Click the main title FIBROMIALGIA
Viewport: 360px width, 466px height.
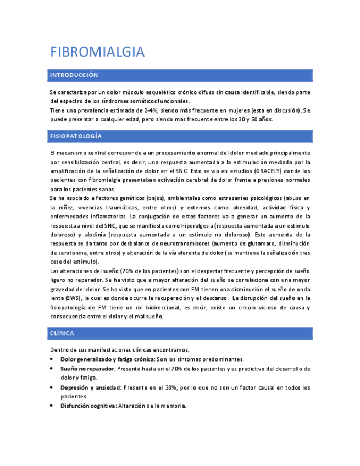coord(97,52)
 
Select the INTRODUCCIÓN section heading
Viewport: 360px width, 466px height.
coord(74,75)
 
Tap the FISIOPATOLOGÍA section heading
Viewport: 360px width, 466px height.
coord(76,136)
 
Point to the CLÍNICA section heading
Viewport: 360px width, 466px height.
coord(62,334)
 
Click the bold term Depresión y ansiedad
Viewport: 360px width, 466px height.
coord(90,387)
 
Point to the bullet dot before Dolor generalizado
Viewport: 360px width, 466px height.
coord(51,359)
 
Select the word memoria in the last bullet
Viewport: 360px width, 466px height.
coord(174,406)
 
